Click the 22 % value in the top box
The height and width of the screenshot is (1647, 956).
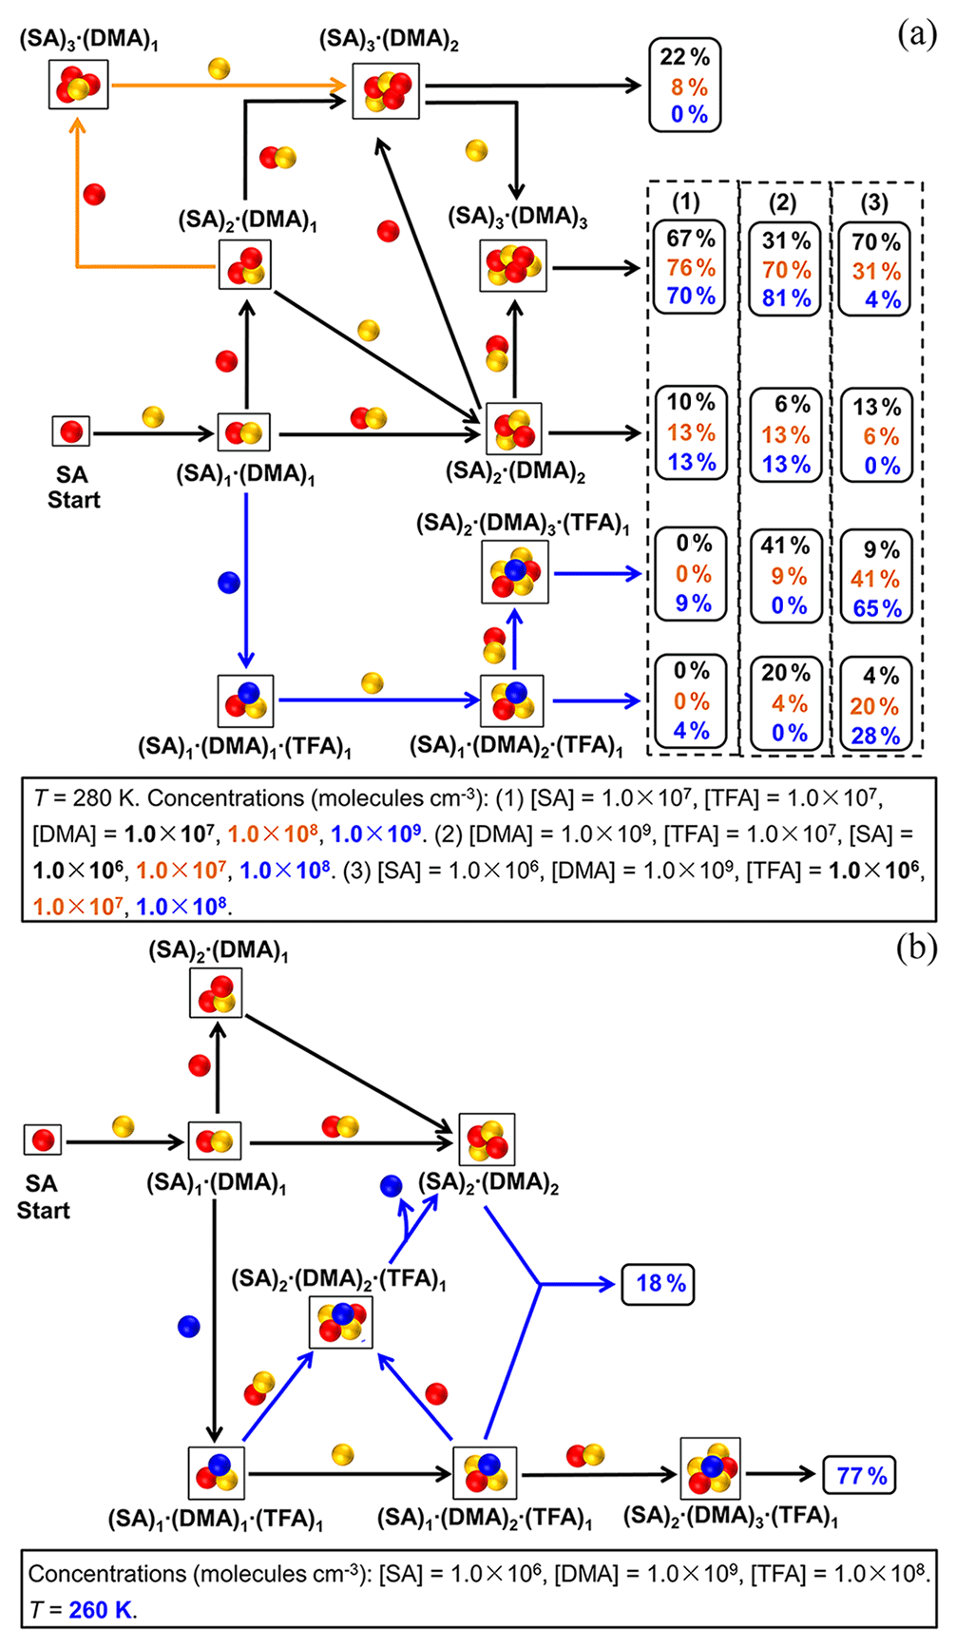[x=684, y=57]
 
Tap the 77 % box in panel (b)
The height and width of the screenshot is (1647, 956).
[x=860, y=1475]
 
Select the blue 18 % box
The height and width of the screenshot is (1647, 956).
[x=660, y=1283]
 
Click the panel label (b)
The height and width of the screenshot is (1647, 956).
[x=916, y=949]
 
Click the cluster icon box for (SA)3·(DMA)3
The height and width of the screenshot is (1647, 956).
[x=513, y=266]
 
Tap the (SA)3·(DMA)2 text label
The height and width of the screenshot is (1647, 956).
[x=389, y=40]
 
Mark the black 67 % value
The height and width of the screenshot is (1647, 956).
[x=690, y=239]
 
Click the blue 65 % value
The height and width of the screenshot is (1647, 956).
[x=876, y=608]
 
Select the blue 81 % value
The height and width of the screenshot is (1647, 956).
[x=786, y=298]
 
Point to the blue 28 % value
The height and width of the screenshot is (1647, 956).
[x=875, y=736]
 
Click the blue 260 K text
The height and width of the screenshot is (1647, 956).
[x=102, y=1610]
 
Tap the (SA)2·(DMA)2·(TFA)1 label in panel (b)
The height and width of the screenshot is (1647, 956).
[x=339, y=1279]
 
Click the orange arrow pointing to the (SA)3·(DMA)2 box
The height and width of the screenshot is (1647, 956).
[x=228, y=86]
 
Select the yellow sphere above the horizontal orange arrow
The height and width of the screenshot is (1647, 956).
[x=219, y=68]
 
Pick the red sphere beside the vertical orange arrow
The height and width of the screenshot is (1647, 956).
[x=93, y=195]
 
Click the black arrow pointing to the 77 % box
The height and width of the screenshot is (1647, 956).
[x=780, y=1475]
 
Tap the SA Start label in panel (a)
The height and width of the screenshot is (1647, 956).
[x=73, y=487]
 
